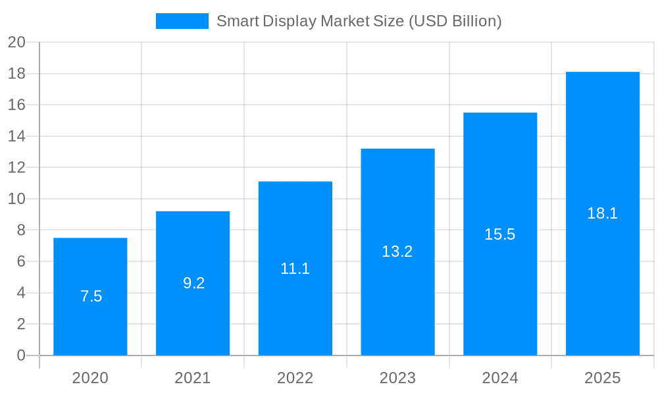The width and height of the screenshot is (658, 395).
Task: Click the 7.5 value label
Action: [91, 296]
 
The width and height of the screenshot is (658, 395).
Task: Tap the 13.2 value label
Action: [397, 251]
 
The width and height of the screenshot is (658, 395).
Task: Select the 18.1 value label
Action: [603, 213]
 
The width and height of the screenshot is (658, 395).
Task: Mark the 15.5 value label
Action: [500, 234]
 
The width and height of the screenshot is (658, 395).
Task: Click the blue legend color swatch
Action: [182, 21]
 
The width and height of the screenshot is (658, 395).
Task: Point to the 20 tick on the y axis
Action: [16, 42]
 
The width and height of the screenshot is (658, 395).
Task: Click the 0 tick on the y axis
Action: [20, 355]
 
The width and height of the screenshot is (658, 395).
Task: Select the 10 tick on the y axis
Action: [16, 199]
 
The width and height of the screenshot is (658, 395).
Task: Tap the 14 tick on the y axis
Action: [16, 136]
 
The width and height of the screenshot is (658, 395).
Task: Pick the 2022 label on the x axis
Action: [295, 378]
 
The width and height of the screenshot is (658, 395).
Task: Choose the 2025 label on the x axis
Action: [603, 378]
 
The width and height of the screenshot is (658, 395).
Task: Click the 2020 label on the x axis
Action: [90, 378]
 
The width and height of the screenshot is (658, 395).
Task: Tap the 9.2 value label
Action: [193, 283]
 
